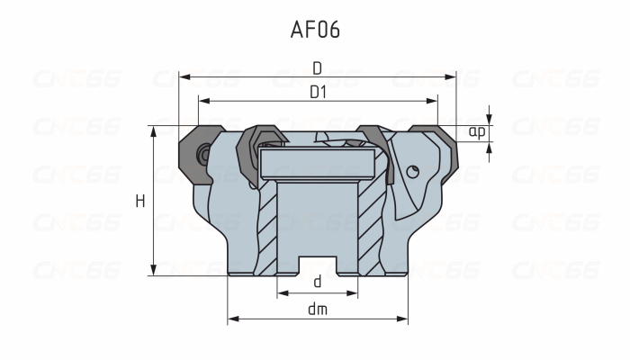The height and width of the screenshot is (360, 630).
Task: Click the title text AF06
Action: pyautogui.click(x=315, y=30)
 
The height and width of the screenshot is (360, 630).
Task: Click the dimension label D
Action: pyautogui.click(x=317, y=67)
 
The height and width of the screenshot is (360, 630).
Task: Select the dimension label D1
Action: pyautogui.click(x=317, y=92)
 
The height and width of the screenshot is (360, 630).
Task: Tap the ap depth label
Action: pyautogui.click(x=477, y=131)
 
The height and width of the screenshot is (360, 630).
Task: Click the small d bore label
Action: pyautogui.click(x=317, y=282)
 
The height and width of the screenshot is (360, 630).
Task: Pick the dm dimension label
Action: pyautogui.click(x=317, y=309)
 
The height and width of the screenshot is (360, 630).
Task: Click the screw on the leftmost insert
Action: pyautogui.click(x=205, y=154)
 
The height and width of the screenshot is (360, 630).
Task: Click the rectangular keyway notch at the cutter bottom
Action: pyautogui.click(x=317, y=266)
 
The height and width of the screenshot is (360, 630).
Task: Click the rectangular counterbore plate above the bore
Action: pyautogui.click(x=317, y=164)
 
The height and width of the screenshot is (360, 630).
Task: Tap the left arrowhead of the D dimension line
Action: pyautogui.click(x=184, y=77)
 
